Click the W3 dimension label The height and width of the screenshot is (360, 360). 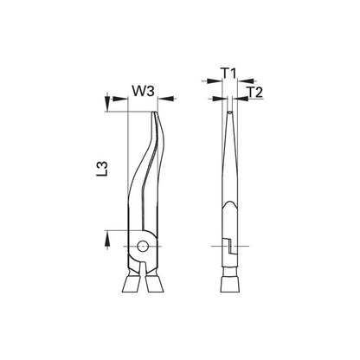144,91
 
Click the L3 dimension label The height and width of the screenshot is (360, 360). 102,169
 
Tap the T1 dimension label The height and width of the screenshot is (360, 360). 228,74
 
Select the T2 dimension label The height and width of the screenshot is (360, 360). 255,93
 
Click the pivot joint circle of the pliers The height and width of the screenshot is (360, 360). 143,246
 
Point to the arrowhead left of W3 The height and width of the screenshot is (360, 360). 119,99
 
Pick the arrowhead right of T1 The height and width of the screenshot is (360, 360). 245,81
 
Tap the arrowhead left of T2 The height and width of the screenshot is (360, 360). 220,99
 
